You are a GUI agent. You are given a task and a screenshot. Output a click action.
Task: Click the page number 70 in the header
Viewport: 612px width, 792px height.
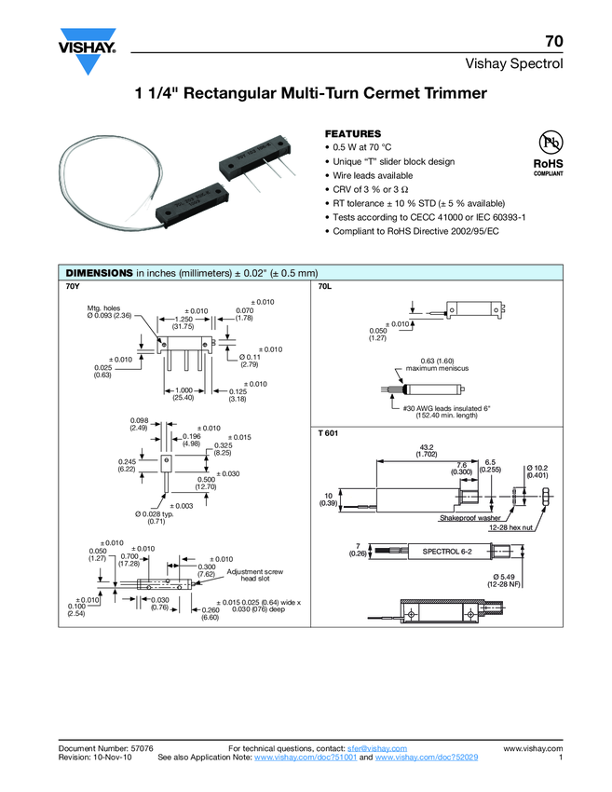pyautogui.click(x=554, y=41)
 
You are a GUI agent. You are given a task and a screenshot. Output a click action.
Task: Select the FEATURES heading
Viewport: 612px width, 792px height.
pyautogui.click(x=352, y=134)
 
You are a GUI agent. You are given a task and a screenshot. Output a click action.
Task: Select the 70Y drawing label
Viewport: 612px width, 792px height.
pyautogui.click(x=73, y=287)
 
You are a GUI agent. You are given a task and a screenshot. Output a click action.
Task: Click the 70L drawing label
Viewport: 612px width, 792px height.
pyautogui.click(x=326, y=287)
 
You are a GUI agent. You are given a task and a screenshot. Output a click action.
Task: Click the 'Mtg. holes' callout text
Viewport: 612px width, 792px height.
pyautogui.click(x=104, y=307)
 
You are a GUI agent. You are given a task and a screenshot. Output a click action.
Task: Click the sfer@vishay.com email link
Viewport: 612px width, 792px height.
pyautogui.click(x=377, y=748)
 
